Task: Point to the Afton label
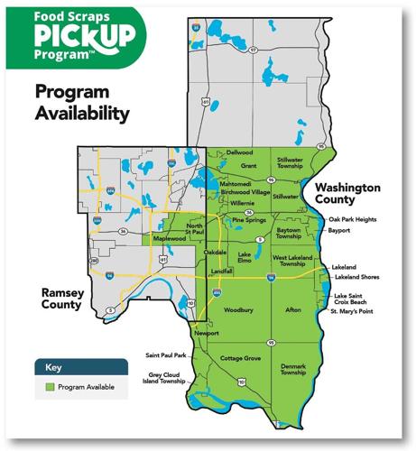(291, 310)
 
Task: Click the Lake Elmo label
(244, 259)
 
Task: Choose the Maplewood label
(169, 239)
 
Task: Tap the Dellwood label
(239, 153)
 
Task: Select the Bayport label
(338, 231)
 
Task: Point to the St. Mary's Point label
(353, 311)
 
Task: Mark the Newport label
(206, 333)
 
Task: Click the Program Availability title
(79, 102)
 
